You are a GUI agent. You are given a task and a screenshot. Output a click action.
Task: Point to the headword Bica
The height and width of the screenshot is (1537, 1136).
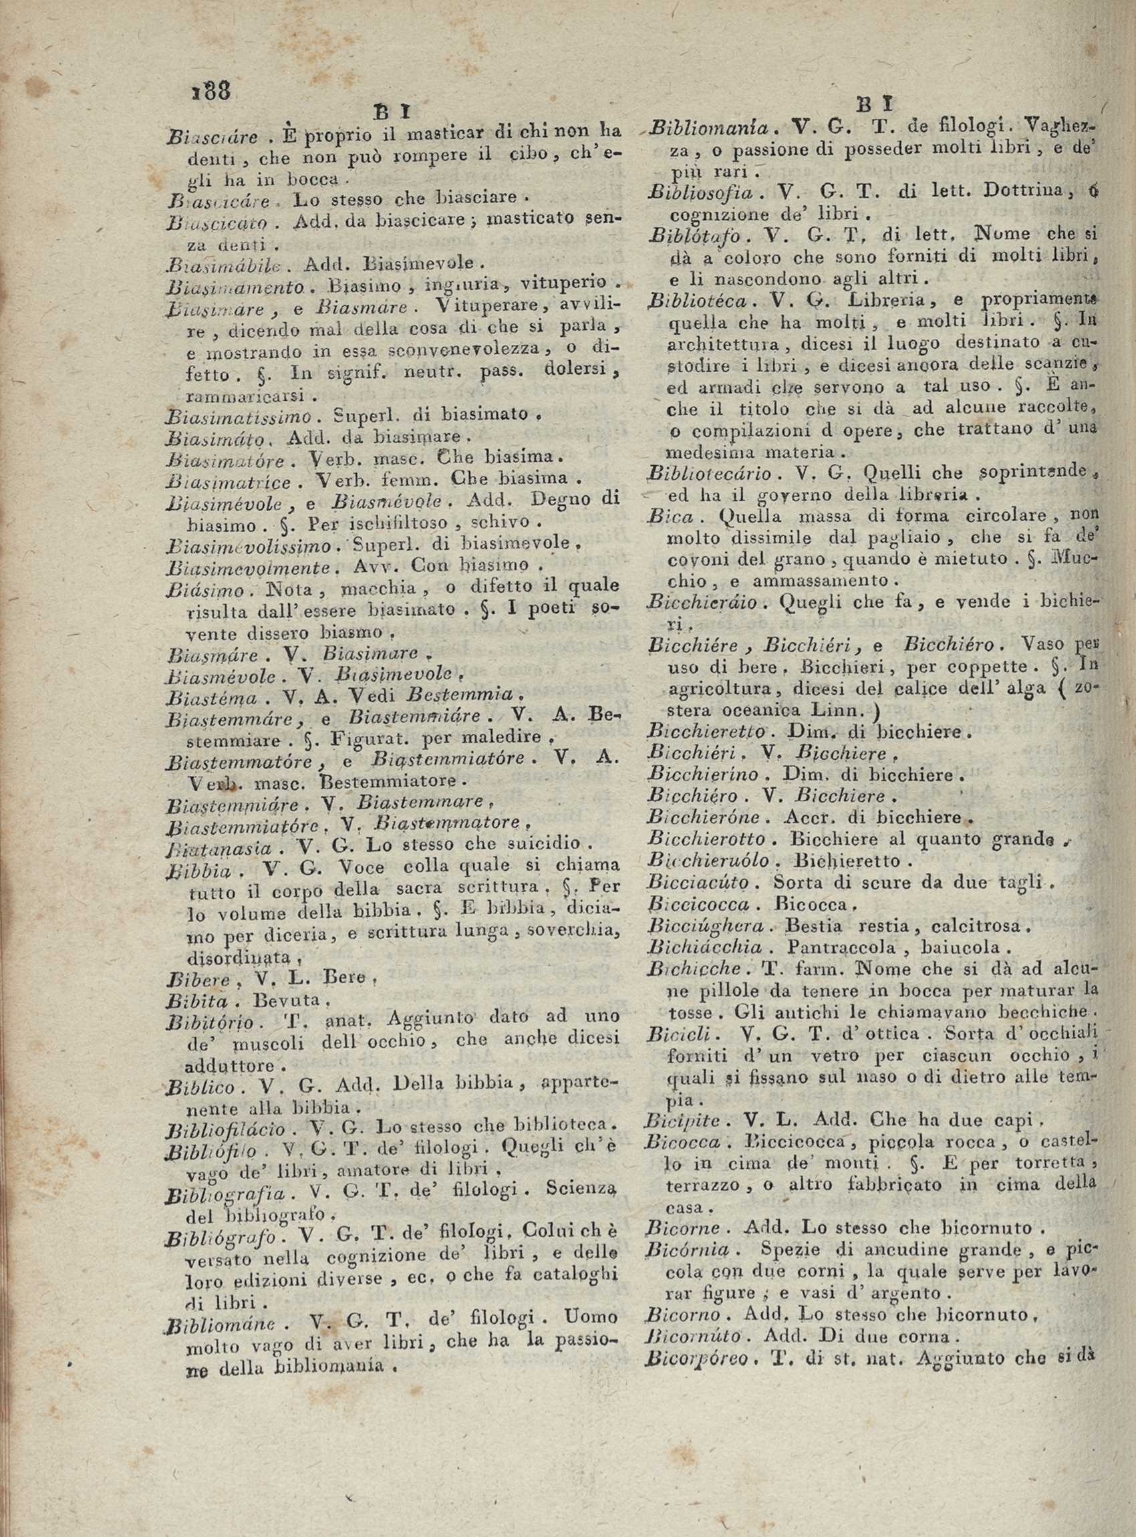[664, 515]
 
